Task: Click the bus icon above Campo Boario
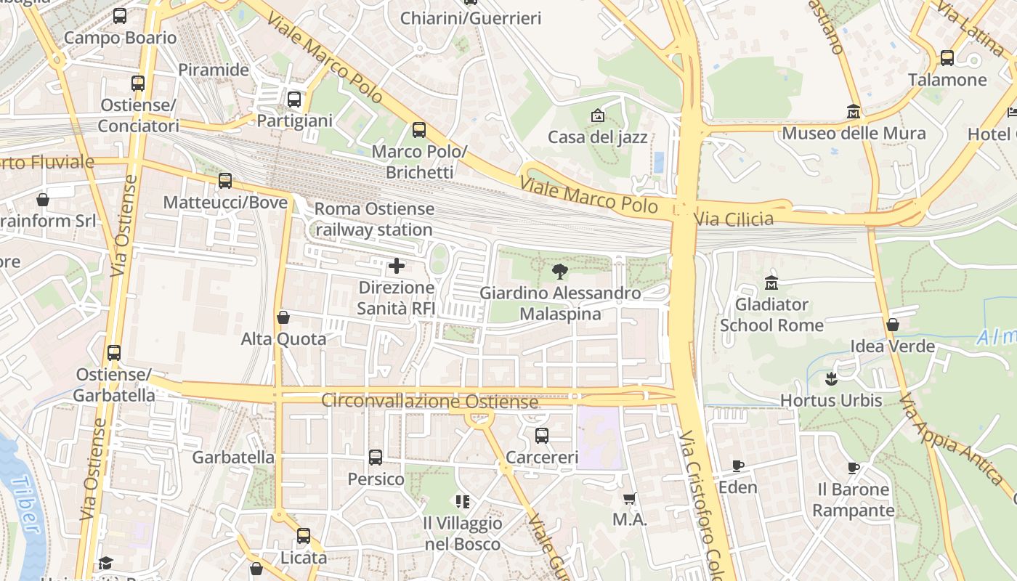(120, 16)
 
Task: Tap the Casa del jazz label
(597, 137)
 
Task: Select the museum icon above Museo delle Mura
(854, 112)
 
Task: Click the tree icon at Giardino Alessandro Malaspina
(559, 272)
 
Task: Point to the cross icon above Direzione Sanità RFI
(397, 266)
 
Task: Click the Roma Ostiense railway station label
(374, 219)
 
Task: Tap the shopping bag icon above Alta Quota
(283, 317)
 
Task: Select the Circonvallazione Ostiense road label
(429, 401)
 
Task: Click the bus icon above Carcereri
(542, 436)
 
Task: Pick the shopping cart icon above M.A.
(630, 498)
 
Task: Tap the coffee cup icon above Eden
(738, 466)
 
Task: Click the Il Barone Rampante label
(853, 500)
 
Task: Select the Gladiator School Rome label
(771, 314)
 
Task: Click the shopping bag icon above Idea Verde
(893, 325)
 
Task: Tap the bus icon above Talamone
(947, 58)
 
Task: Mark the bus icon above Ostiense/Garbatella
(114, 353)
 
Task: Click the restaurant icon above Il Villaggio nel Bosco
(463, 501)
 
